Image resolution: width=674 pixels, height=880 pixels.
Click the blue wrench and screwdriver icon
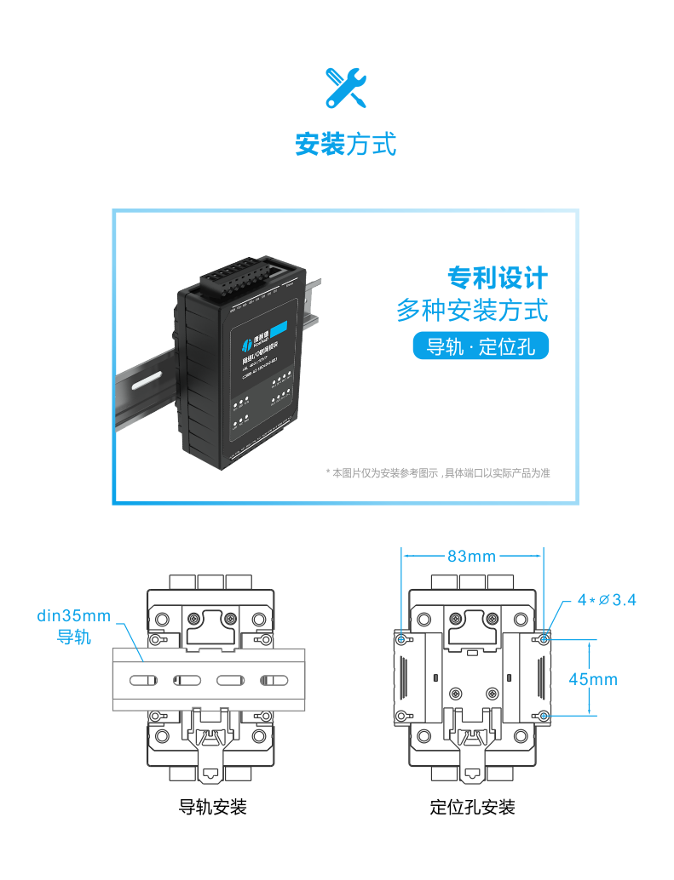(x=345, y=88)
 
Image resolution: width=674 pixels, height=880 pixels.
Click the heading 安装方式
(x=345, y=144)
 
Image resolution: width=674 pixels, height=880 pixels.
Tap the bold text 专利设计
(x=498, y=277)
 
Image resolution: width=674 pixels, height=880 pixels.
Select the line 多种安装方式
(x=471, y=310)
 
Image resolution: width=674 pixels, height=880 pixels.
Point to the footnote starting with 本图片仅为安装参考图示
(x=438, y=473)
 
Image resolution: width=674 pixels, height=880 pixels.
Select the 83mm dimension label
(x=471, y=557)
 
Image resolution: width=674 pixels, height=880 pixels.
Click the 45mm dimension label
(x=593, y=679)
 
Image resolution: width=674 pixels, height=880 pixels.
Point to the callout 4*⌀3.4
(x=606, y=600)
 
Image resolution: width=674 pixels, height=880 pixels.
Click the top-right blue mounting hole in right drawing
(x=545, y=638)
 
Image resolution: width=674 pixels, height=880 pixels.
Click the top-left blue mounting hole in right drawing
(x=401, y=638)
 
